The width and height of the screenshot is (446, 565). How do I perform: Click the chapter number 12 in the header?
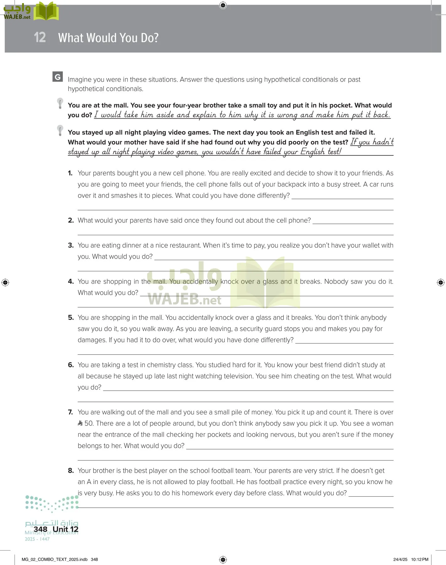[x=40, y=37]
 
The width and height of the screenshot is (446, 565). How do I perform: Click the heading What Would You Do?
[x=108, y=38]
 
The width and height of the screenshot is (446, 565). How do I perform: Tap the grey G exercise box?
[x=57, y=77]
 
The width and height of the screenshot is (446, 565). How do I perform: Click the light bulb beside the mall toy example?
[x=60, y=103]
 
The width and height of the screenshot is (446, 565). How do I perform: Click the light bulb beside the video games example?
[x=60, y=130]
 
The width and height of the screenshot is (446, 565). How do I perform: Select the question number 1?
[x=70, y=173]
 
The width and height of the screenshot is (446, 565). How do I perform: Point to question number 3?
[x=71, y=245]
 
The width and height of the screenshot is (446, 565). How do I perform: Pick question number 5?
[x=71, y=318]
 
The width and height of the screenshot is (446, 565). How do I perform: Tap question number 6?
[x=71, y=365]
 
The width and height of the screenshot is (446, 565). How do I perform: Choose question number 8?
[x=71, y=471]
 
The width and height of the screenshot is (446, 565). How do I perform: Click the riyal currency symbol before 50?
[x=80, y=423]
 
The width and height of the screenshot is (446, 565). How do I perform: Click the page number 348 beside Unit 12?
[x=40, y=530]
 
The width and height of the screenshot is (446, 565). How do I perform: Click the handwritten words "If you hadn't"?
[x=372, y=142]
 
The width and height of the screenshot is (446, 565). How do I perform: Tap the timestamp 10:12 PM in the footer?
[x=420, y=559]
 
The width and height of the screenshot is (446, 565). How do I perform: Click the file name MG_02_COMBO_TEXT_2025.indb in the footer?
[x=55, y=559]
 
